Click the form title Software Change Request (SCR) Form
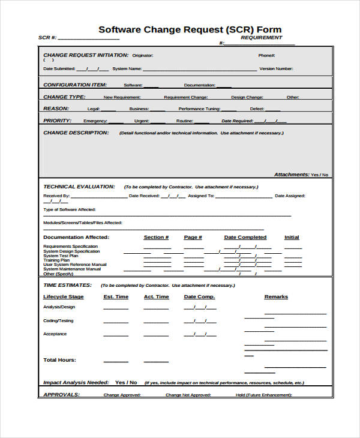(190, 29)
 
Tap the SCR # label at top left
(47, 38)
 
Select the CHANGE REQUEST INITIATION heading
(86, 55)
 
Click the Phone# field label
(266, 55)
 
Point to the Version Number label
(276, 69)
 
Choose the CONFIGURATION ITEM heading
(75, 85)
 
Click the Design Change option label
(247, 97)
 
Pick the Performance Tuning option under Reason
(199, 109)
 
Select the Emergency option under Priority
(95, 121)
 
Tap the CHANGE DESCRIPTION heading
(76, 133)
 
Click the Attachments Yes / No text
(301, 175)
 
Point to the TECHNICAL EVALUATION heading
(79, 187)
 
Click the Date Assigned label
(290, 196)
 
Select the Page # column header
(193, 238)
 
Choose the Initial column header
(292, 238)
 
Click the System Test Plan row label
(61, 256)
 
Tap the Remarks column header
(276, 297)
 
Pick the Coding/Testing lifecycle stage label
(59, 320)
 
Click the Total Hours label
(59, 360)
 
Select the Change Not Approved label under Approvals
(188, 395)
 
